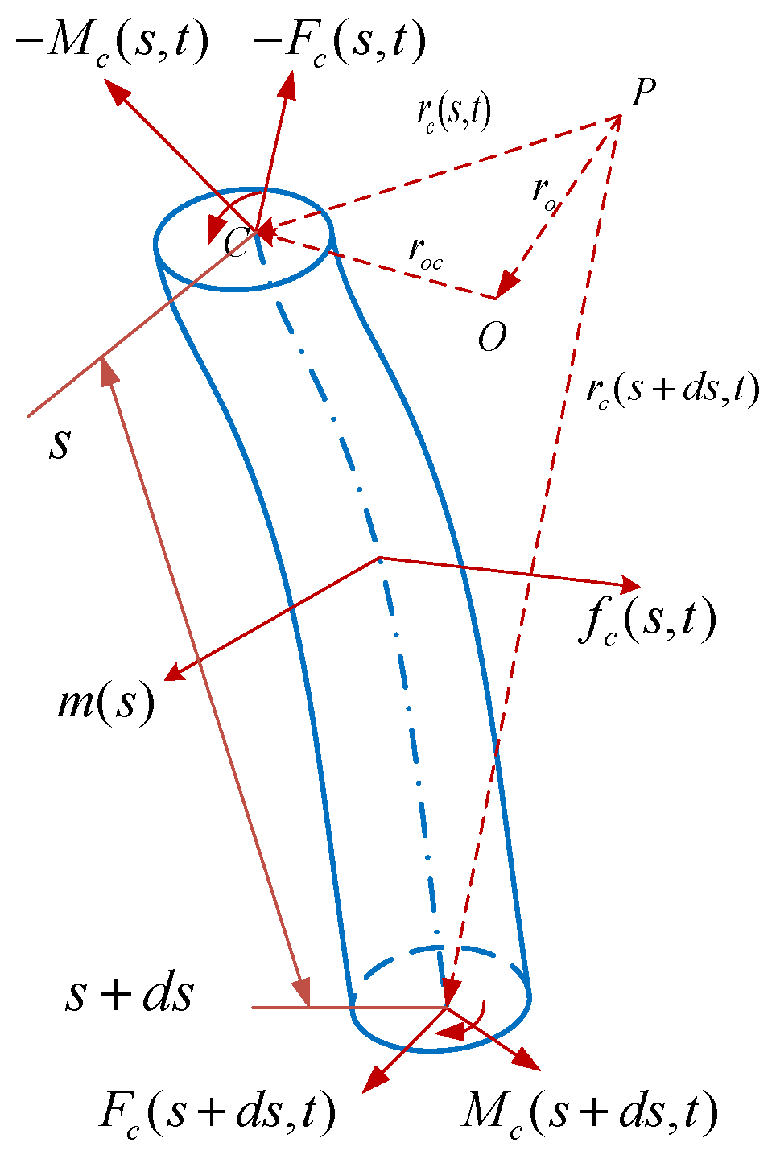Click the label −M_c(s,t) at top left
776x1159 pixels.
pyautogui.click(x=113, y=44)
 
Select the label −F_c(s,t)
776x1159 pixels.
pyautogui.click(x=339, y=44)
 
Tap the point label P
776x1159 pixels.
pyautogui.click(x=642, y=93)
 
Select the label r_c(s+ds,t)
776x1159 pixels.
pyautogui.click(x=672, y=390)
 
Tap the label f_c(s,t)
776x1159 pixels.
pyautogui.click(x=647, y=622)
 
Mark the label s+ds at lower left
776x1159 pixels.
pyautogui.click(x=129, y=995)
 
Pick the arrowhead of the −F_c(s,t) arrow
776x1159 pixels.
pyautogui.click(x=288, y=83)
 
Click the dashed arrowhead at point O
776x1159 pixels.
pyautogui.click(x=506, y=285)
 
